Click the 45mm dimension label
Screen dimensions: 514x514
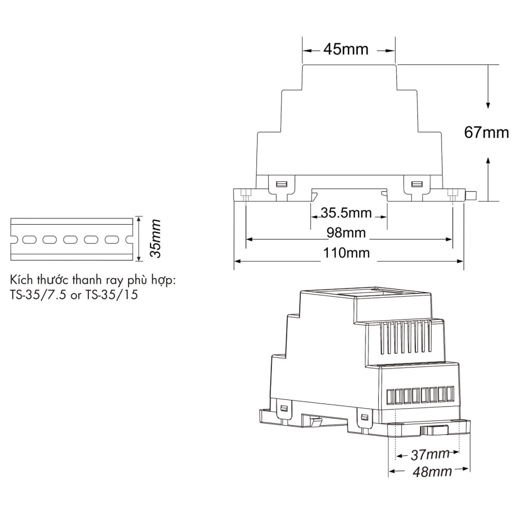click(x=346, y=49)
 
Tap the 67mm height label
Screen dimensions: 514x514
click(x=486, y=133)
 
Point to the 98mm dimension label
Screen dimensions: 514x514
click(x=346, y=233)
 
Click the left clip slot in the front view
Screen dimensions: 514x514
click(x=282, y=183)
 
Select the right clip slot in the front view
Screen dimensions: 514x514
click(x=415, y=183)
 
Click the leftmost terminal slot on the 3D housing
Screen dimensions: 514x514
click(x=391, y=396)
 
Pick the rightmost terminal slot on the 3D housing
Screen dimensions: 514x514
click(x=450, y=394)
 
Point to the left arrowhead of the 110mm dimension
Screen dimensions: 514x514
click(x=237, y=262)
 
